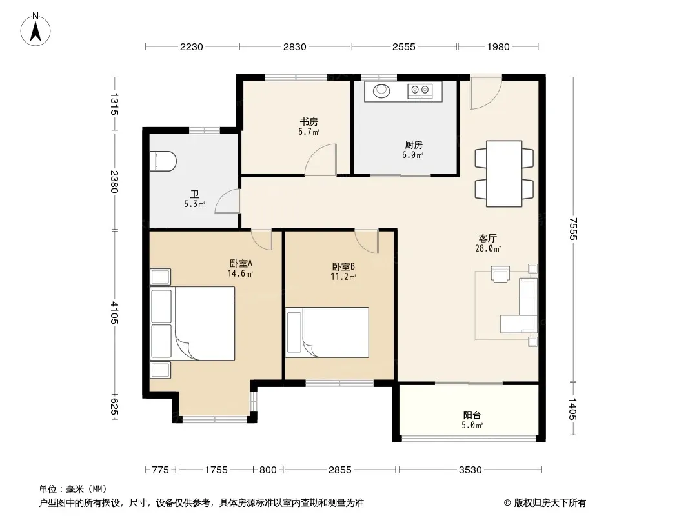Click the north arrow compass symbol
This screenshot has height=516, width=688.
[x=35, y=30]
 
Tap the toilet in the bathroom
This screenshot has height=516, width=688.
[x=163, y=161]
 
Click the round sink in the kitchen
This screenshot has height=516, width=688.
[x=381, y=91]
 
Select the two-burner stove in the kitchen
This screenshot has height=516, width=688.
[x=420, y=91]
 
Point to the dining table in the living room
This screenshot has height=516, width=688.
[x=503, y=174]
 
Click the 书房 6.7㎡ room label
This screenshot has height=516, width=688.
[x=309, y=126]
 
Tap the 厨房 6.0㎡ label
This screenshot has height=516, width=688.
[x=413, y=150]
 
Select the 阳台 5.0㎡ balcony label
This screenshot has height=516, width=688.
[x=472, y=419]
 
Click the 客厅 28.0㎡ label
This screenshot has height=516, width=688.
[x=487, y=243]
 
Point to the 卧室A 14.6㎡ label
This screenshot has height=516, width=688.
[x=241, y=268]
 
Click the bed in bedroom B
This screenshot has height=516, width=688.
[x=327, y=332]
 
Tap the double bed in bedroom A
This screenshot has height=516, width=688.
[x=192, y=324]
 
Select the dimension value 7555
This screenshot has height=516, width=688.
[x=572, y=228]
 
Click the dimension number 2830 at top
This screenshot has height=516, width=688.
[x=294, y=46]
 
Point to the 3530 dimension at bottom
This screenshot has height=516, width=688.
[x=470, y=470]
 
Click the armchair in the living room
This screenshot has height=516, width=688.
[x=500, y=273]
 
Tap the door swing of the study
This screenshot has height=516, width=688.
[x=321, y=160]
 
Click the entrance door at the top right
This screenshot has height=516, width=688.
[x=486, y=92]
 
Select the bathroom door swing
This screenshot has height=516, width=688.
[x=228, y=201]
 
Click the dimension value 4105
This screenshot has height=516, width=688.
[x=114, y=313]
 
